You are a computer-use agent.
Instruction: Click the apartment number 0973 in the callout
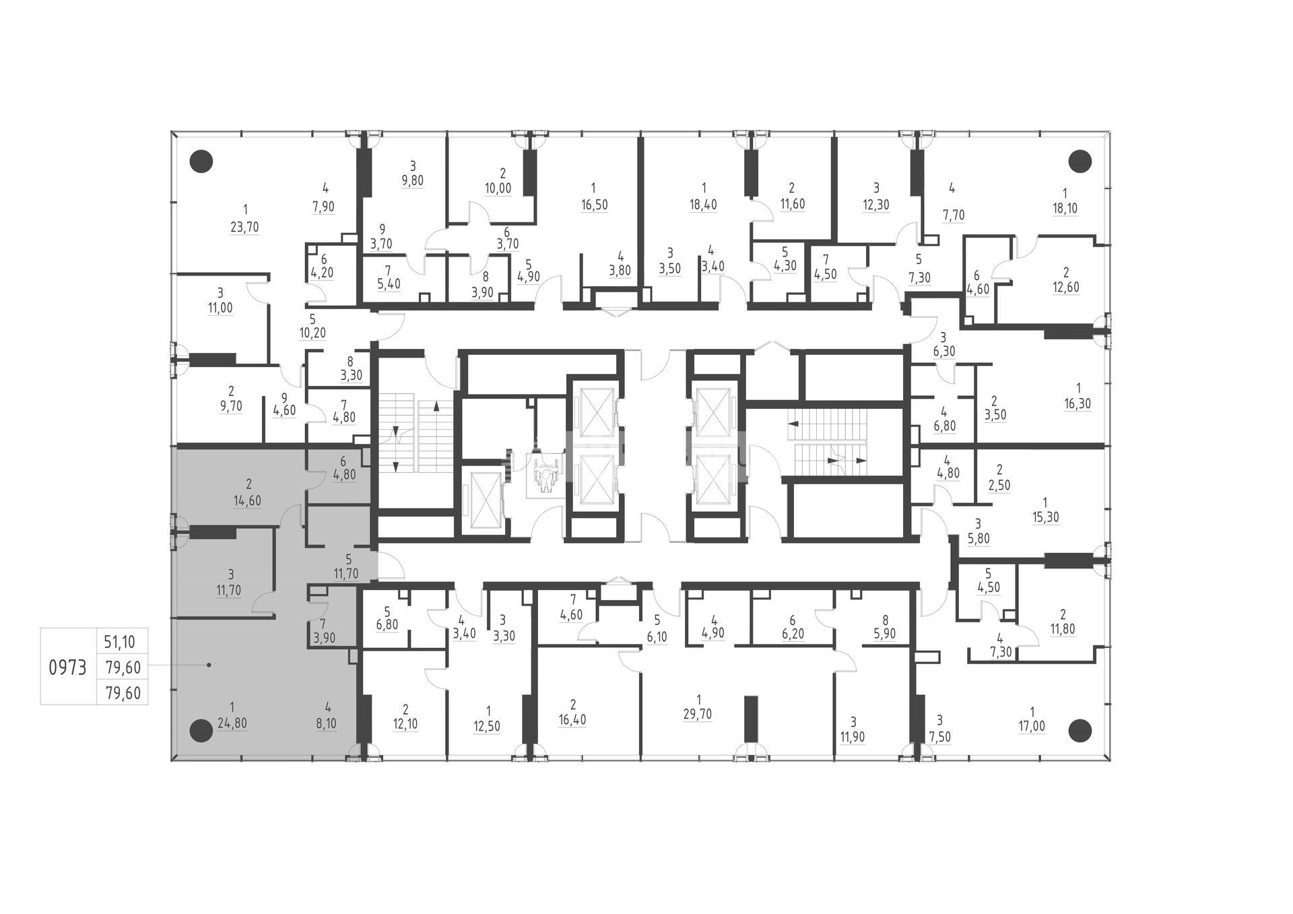(x=68, y=667)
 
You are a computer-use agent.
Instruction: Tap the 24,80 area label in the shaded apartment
(x=232, y=724)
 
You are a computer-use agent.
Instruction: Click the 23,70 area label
(x=244, y=227)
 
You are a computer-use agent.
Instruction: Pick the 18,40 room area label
(x=703, y=204)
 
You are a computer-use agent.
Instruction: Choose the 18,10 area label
(x=1064, y=208)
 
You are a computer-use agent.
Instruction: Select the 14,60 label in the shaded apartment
(x=247, y=501)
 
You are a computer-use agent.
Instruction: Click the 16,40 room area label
(x=572, y=720)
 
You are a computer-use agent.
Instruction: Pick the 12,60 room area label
(x=1065, y=287)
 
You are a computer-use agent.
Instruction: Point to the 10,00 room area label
(x=498, y=189)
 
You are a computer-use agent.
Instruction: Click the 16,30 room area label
(x=1077, y=404)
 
